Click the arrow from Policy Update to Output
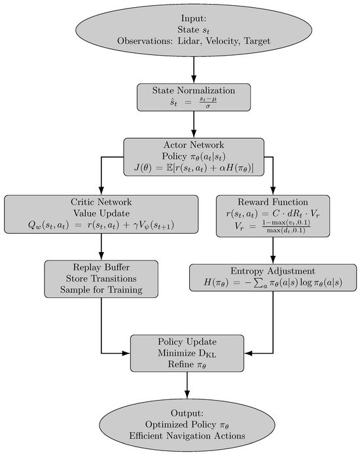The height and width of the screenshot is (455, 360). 187,386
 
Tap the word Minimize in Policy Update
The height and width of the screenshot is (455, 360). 166,354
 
